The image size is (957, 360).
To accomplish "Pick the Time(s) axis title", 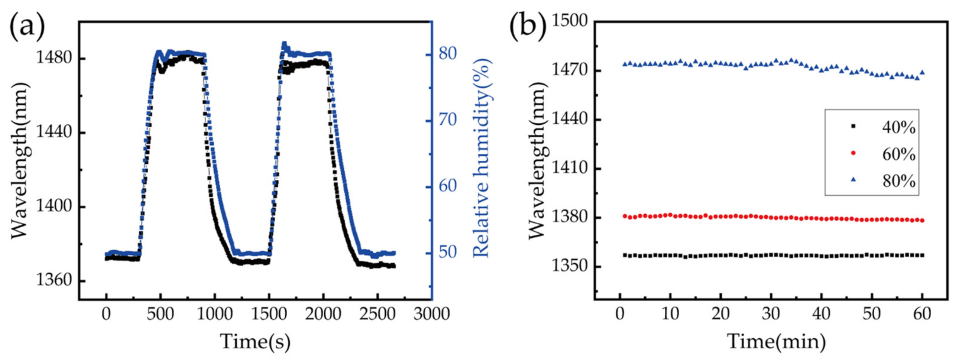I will click(x=256, y=341).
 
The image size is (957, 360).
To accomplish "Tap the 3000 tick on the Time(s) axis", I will click(x=431, y=314).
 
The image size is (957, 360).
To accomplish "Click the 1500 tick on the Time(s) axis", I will click(x=269, y=314).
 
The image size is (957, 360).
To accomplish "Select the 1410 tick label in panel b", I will click(x=569, y=169).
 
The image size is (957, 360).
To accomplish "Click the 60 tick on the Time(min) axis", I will click(x=922, y=314).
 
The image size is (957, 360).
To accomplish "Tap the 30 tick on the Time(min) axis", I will click(x=771, y=314).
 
